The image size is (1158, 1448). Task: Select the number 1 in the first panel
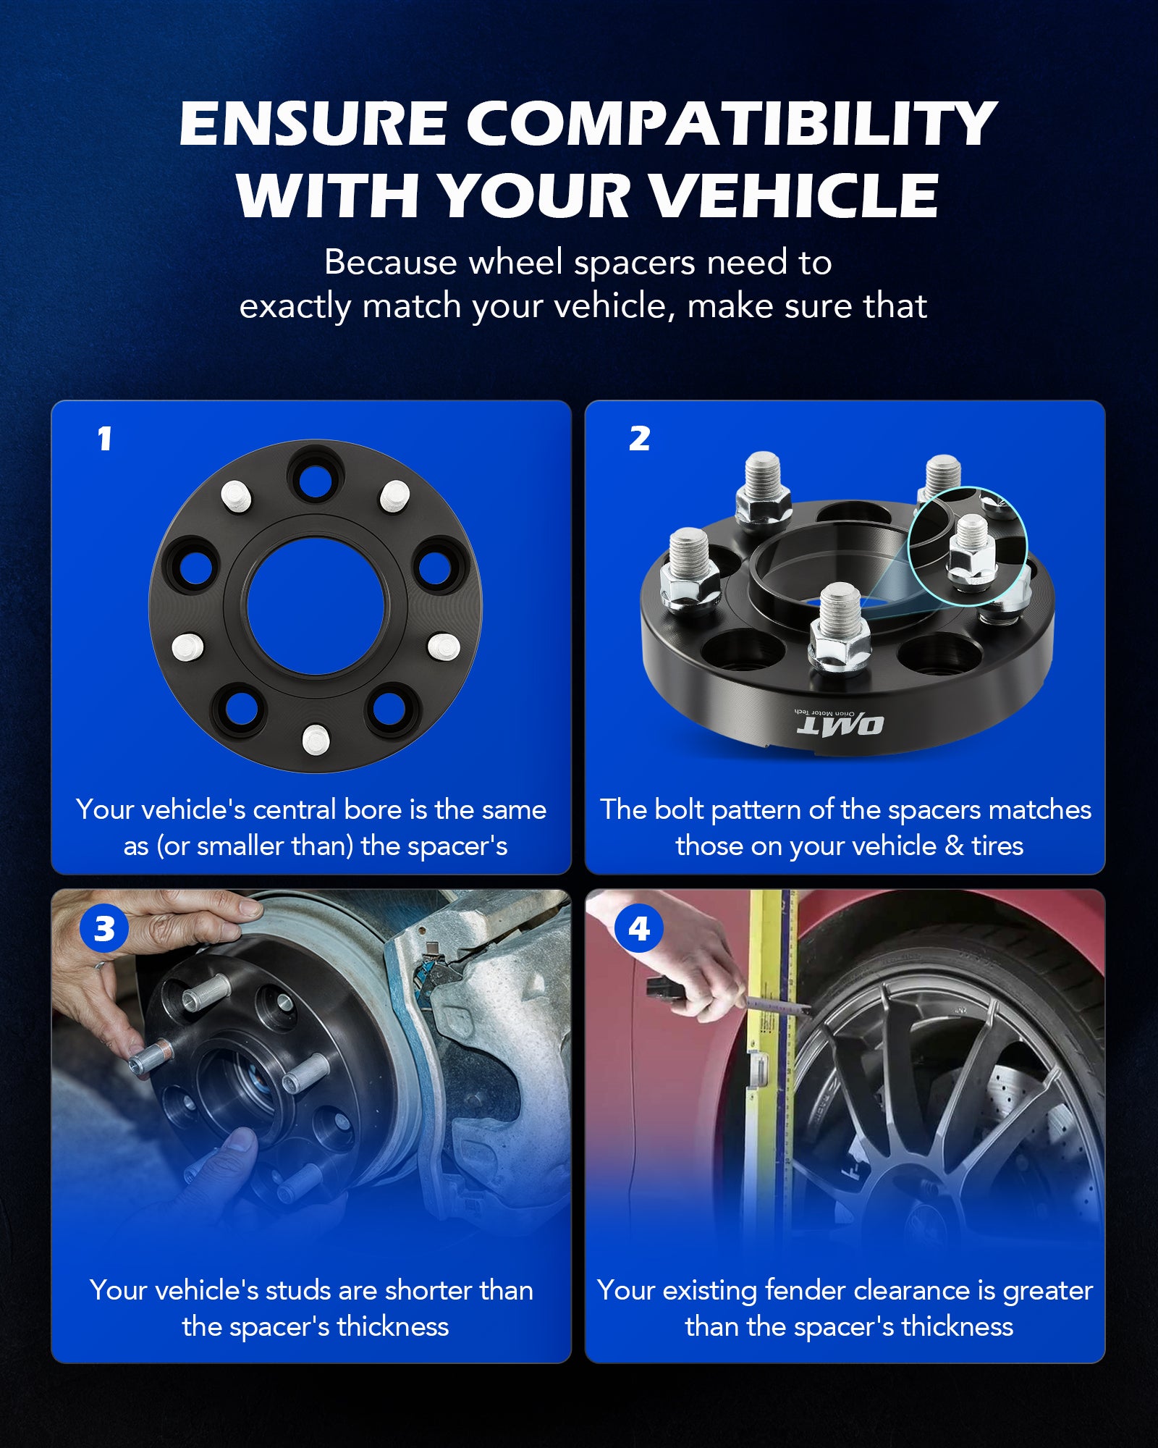105,439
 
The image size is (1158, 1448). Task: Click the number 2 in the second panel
639,439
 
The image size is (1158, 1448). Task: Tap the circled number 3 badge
104,929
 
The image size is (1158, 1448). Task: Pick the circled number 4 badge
638,929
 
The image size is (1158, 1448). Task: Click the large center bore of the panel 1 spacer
315,606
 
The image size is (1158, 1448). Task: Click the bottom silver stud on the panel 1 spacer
316,739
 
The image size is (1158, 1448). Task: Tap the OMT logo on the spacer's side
840,724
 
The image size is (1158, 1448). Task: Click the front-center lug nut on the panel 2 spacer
840,628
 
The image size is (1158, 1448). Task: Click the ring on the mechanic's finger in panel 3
101,964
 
